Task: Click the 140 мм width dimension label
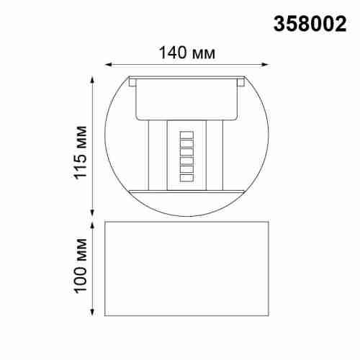(x=186, y=52)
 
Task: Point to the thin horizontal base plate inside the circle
(x=186, y=191)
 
